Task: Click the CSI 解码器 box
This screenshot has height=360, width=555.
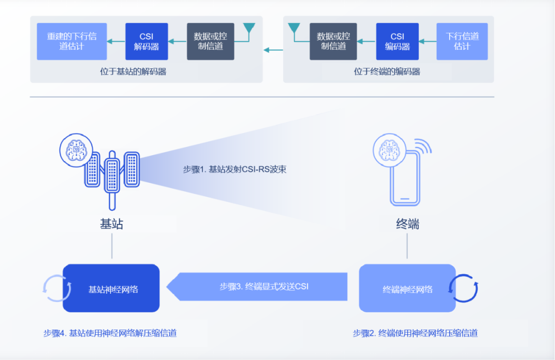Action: coord(146,41)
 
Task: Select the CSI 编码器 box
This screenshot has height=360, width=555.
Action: coord(397,41)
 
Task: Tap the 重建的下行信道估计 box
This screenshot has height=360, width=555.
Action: coord(72,41)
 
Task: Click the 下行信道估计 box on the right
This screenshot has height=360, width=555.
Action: coord(462,41)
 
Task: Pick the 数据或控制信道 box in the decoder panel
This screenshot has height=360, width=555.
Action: coord(210,41)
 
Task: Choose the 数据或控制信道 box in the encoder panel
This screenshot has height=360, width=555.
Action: coord(333,41)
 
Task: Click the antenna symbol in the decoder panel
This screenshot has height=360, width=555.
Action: coord(249,30)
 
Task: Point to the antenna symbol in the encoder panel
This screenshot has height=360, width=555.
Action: coord(294,30)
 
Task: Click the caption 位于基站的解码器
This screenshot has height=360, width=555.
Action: coord(133,72)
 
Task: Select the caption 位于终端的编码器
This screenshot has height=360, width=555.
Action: coord(387,72)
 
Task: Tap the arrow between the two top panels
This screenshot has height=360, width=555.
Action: coord(273,50)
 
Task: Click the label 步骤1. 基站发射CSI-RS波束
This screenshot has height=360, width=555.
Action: coord(234,169)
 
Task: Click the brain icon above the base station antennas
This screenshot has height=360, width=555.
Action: coord(77,149)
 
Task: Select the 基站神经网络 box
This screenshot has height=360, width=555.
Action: coord(112,289)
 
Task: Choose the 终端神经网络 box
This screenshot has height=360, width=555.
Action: coord(407,289)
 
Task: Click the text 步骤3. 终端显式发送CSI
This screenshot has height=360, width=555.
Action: coord(264,287)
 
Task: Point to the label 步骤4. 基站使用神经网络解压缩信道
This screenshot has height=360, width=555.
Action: coord(110,333)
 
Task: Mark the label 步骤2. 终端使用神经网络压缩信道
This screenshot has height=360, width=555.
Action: coord(415,333)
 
